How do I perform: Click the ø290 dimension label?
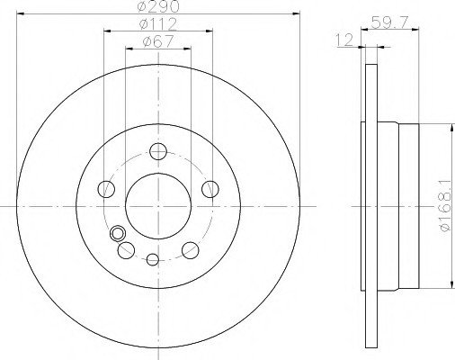(x=158, y=6)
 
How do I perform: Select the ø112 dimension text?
(x=158, y=24)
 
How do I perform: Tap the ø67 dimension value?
(x=158, y=41)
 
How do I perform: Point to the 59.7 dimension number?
(x=389, y=22)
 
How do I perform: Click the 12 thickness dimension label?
(x=344, y=40)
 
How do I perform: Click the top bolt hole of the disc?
(x=158, y=151)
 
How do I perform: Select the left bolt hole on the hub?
(x=106, y=189)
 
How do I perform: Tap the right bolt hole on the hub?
(x=210, y=189)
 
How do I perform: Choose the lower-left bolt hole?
(x=126, y=250)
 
